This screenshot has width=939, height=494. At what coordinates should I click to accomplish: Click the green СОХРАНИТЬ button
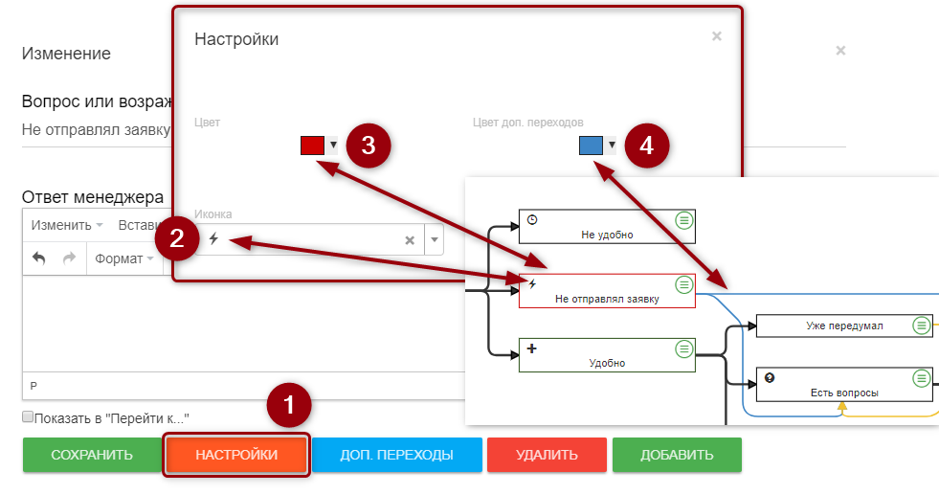pyautogui.click(x=92, y=455)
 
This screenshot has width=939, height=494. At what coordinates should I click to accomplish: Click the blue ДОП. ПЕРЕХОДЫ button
pyautogui.click(x=396, y=455)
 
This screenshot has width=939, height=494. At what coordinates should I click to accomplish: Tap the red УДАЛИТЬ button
pyautogui.click(x=546, y=455)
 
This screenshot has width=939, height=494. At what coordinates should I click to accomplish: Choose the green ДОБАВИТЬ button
pyautogui.click(x=676, y=455)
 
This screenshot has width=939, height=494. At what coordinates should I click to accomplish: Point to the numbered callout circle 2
pyautogui.click(x=176, y=239)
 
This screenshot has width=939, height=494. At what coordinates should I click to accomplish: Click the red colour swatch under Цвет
pyautogui.click(x=312, y=146)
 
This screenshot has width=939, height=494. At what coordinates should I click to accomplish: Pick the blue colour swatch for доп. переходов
pyautogui.click(x=591, y=146)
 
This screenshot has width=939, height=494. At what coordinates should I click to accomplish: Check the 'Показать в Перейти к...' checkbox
pyautogui.click(x=28, y=417)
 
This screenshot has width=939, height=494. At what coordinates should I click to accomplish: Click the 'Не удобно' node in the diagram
pyautogui.click(x=607, y=227)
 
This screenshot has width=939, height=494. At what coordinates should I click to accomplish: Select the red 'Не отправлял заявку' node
pyautogui.click(x=607, y=291)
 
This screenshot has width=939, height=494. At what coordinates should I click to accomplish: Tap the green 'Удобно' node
pyautogui.click(x=607, y=355)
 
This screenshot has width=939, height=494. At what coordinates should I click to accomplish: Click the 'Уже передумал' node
pyautogui.click(x=844, y=326)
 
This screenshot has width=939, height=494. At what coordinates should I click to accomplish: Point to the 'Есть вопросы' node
pyautogui.click(x=844, y=385)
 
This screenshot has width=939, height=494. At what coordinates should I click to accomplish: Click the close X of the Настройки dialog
pyautogui.click(x=717, y=36)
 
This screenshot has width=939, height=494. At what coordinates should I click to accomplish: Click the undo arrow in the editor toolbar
pyautogui.click(x=39, y=258)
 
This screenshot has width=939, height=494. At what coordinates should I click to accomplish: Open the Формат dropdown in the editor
pyautogui.click(x=123, y=258)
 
